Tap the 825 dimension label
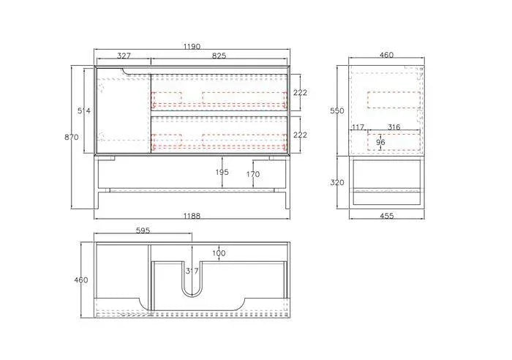click(x=218, y=56)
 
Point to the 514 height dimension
click(x=85, y=111)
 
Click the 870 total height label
click(x=72, y=138)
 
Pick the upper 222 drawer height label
click(x=301, y=92)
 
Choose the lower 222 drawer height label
click(x=301, y=135)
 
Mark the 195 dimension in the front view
click(x=222, y=173)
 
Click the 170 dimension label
click(x=252, y=175)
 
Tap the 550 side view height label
click(x=336, y=110)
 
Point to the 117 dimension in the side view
click(x=358, y=127)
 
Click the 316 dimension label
click(x=394, y=127)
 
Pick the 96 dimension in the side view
click(x=380, y=142)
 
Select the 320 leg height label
click(x=336, y=182)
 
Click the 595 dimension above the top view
click(x=143, y=230)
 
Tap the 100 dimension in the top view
click(x=219, y=253)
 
